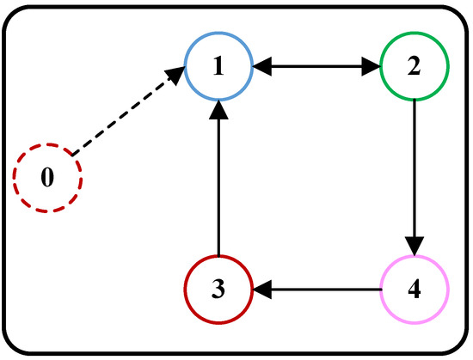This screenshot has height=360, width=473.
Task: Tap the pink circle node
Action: click(x=415, y=289)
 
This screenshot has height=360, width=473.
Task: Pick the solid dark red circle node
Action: click(x=219, y=289)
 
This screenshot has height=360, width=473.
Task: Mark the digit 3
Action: click(x=219, y=289)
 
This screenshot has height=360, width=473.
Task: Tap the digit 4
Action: click(x=415, y=289)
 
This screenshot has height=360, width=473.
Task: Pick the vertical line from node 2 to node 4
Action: click(x=415, y=172)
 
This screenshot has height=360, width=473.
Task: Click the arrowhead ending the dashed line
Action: click(x=175, y=76)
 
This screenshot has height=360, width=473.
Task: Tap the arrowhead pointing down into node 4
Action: click(x=415, y=246)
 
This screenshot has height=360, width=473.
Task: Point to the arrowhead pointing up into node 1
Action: click(x=219, y=110)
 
